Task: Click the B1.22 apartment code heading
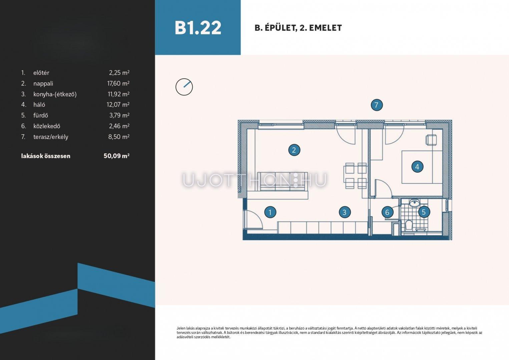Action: [198, 28]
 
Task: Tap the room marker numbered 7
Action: [377, 105]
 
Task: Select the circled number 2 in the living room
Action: [294, 150]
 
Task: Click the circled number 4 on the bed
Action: [417, 167]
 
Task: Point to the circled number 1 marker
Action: [270, 212]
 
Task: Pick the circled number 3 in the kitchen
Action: [345, 212]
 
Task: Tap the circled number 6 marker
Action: [387, 212]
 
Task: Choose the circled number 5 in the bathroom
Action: [424, 212]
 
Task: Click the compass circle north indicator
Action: [184, 87]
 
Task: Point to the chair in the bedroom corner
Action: [431, 140]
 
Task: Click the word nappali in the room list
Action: [43, 84]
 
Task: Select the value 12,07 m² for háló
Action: [118, 104]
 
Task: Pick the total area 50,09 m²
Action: [116, 156]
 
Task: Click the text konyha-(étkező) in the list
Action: [55, 94]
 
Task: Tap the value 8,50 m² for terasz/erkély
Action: [119, 137]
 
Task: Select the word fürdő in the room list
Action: [41, 115]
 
